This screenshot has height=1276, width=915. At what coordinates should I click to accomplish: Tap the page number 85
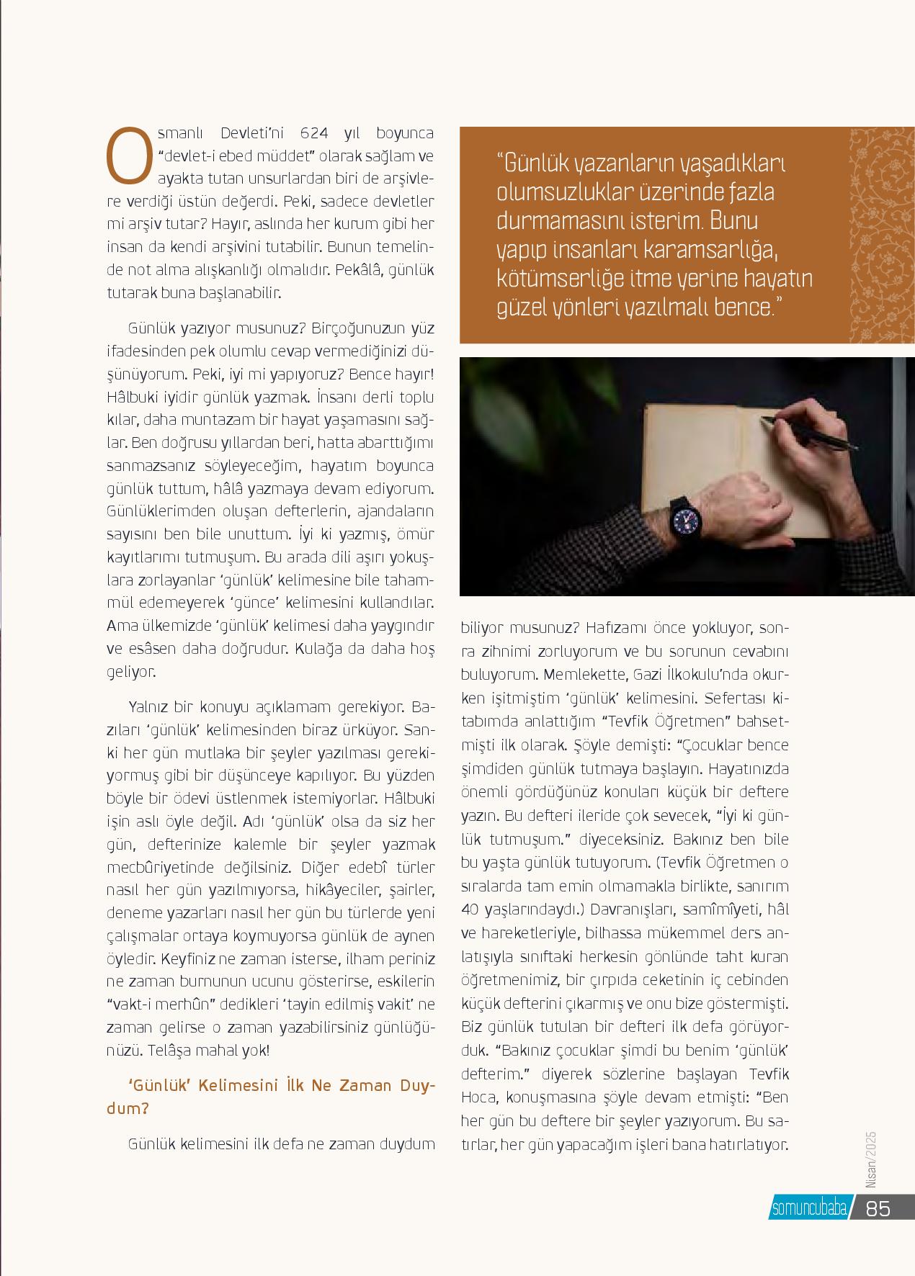(x=878, y=1208)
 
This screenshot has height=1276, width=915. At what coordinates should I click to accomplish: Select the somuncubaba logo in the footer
(x=808, y=1208)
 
